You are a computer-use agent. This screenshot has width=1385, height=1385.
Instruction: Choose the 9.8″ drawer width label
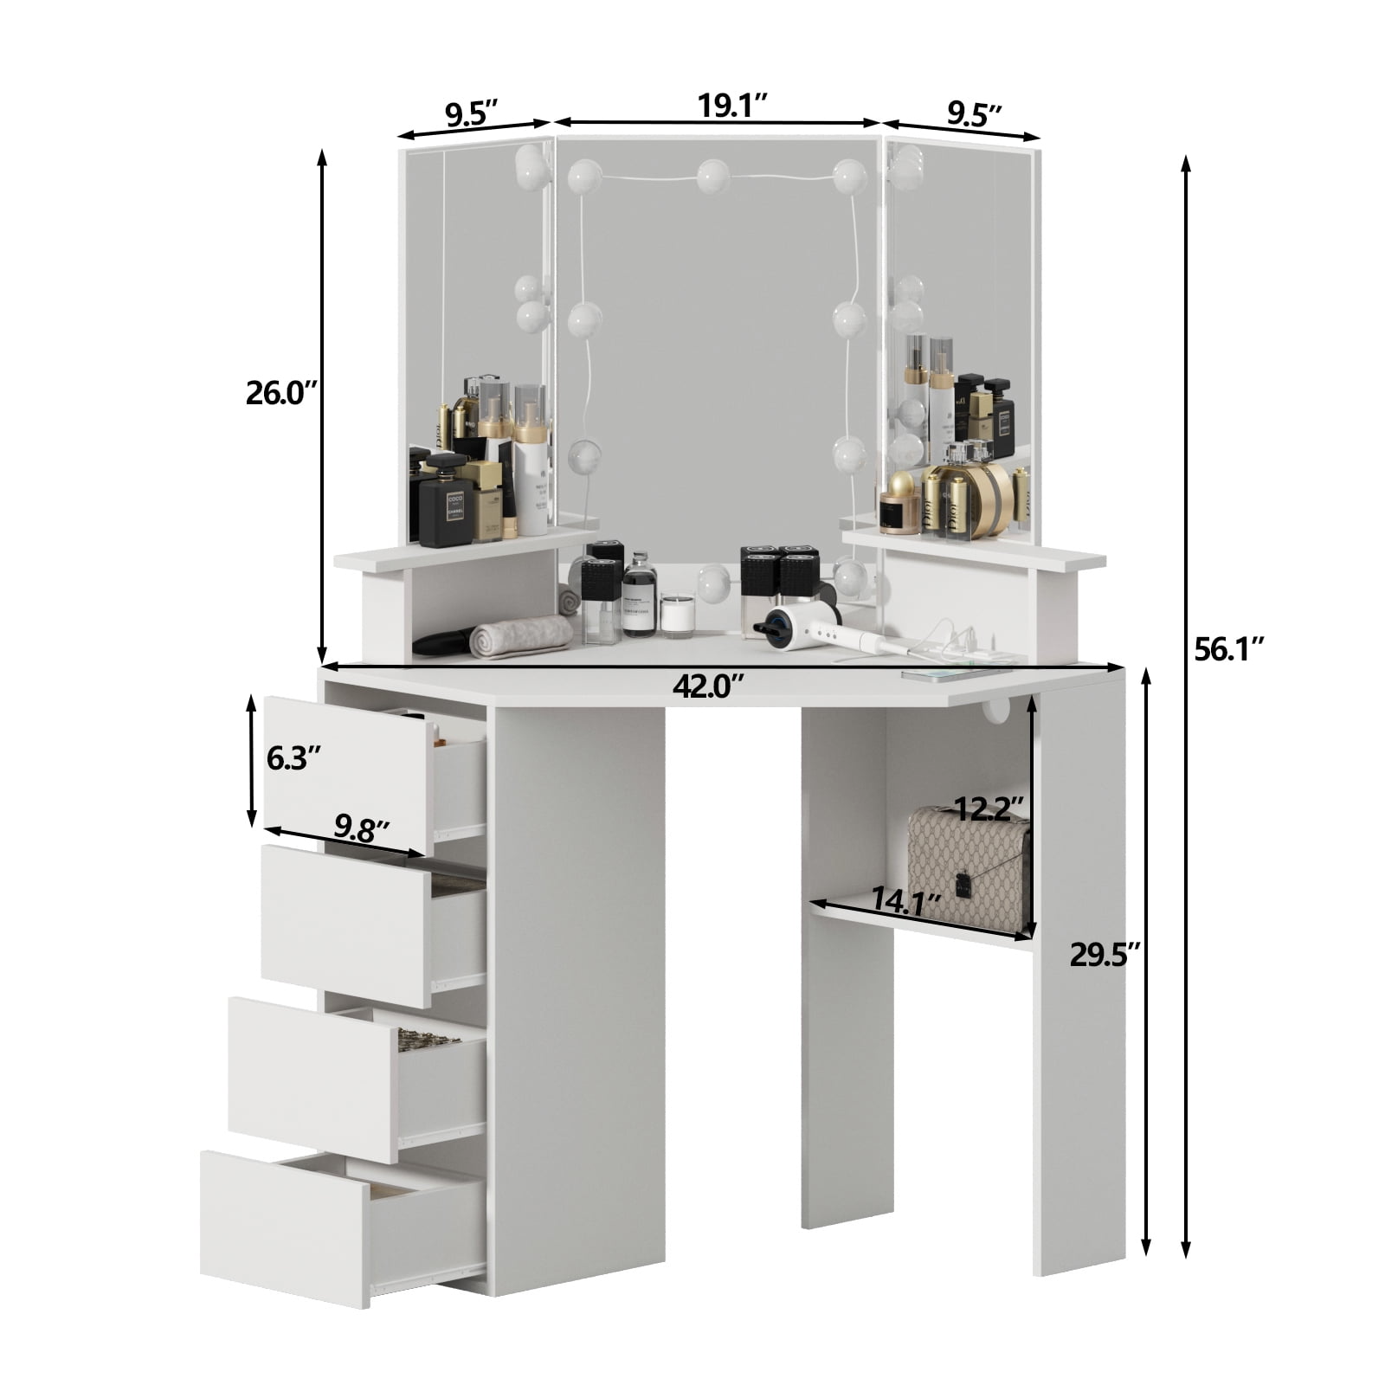coord(361,829)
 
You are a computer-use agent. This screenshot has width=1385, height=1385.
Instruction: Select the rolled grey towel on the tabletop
coord(520,636)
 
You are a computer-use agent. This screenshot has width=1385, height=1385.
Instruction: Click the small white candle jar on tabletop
coord(678,614)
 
